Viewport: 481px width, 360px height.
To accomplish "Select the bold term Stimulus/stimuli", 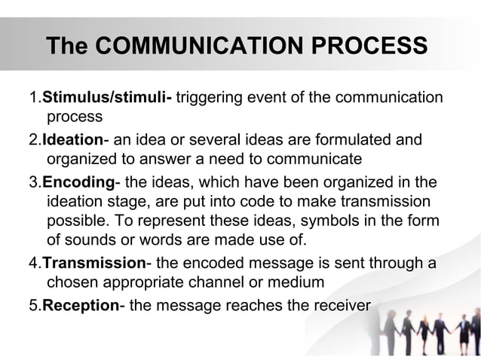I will click(107, 98).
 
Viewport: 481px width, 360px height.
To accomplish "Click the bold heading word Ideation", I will click(72, 140).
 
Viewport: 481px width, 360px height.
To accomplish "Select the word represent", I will click(207, 222).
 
